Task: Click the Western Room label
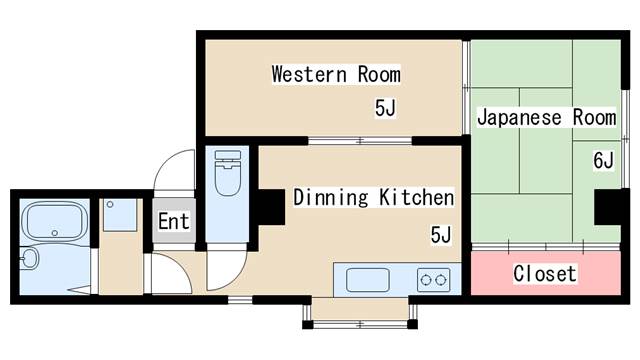click(336, 74)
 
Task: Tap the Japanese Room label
click(547, 118)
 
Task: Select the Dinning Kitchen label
click(373, 198)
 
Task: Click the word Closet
click(545, 273)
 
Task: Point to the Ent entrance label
click(174, 222)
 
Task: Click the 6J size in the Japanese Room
click(603, 160)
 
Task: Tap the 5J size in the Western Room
click(385, 108)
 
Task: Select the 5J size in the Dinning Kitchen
click(441, 235)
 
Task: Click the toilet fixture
click(228, 173)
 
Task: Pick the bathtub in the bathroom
click(55, 221)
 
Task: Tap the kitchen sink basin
click(367, 280)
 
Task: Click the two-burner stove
click(433, 280)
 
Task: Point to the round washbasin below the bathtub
click(29, 258)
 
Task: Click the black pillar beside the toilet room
click(271, 207)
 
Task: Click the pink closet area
click(546, 273)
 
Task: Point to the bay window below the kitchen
click(360, 313)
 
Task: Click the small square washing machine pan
click(120, 215)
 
